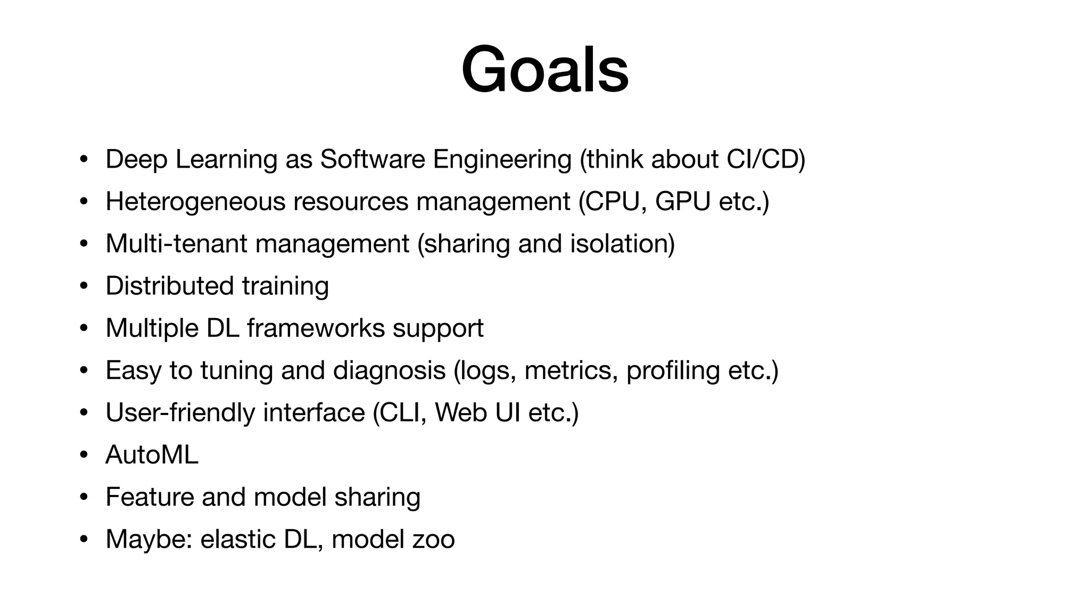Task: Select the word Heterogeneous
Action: (x=195, y=202)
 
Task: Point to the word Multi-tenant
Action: (x=176, y=244)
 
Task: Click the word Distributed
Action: (x=169, y=286)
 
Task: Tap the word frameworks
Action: (x=316, y=328)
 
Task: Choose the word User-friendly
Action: (x=180, y=412)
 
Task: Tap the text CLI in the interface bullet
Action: (x=399, y=412)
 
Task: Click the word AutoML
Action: (x=152, y=454)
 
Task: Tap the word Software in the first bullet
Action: (x=372, y=159)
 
